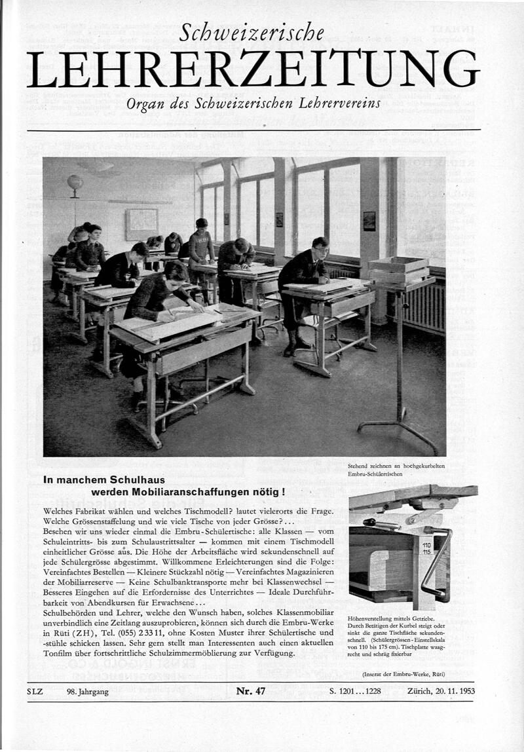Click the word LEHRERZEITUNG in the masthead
[253, 69]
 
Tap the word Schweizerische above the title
[252, 32]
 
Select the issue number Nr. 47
[251, 690]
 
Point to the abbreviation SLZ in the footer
[35, 691]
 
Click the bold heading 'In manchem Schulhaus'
[104, 479]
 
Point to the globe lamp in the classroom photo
[75, 182]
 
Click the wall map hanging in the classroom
[141, 224]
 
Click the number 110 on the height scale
[426, 544]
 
